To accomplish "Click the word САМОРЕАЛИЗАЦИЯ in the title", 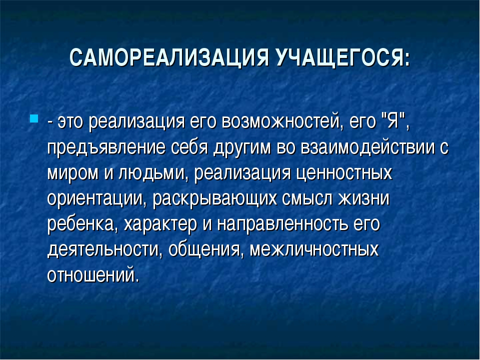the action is [169, 57].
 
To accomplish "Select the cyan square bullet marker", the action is [34, 118].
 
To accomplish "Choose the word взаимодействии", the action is [367, 147].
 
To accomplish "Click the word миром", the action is [73, 173].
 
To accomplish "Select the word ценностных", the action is [344, 173].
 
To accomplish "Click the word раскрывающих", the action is [214, 199].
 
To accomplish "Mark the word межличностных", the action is [314, 249].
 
